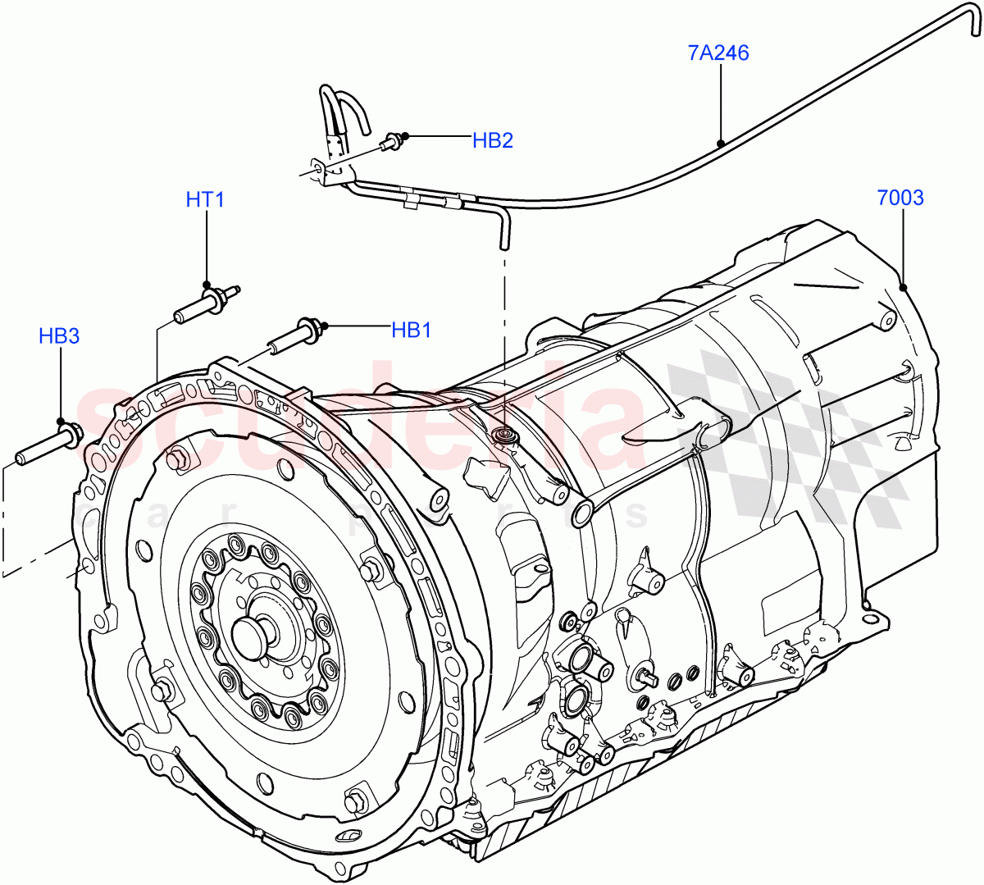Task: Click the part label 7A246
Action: point(718,53)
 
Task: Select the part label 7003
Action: point(900,198)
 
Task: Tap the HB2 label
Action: point(492,140)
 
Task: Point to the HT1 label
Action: point(205,199)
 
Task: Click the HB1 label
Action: point(411,330)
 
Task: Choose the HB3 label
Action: point(59,335)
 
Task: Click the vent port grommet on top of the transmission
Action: point(503,435)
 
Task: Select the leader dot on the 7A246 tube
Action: point(721,144)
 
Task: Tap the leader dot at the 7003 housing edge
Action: point(902,287)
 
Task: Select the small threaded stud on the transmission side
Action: point(648,677)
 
